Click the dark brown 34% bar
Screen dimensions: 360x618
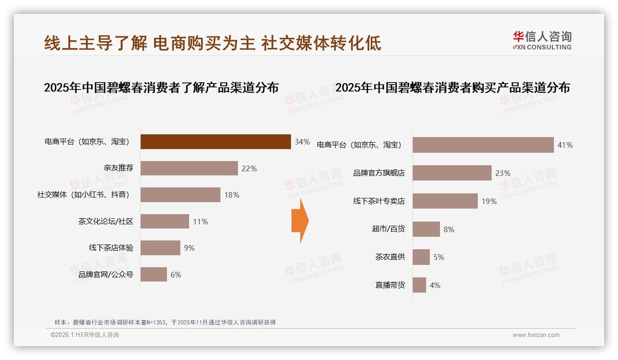215,142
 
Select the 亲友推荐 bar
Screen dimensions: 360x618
189,168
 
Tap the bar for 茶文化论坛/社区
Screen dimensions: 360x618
165,222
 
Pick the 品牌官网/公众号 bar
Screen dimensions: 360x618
154,275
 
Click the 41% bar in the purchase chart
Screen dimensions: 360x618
483,145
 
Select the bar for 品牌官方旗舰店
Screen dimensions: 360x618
452,173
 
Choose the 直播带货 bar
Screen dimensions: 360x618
419,285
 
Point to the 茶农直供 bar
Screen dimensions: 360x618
421,257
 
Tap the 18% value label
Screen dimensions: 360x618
232,195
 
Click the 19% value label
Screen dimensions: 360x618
489,201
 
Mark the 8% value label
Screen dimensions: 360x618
449,229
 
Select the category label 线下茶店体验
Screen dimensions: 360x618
111,248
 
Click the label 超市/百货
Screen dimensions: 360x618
388,229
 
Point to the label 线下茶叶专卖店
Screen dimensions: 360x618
379,201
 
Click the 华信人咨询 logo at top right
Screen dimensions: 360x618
542,40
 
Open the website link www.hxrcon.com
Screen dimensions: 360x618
536,335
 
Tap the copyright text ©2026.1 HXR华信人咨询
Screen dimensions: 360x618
85,335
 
